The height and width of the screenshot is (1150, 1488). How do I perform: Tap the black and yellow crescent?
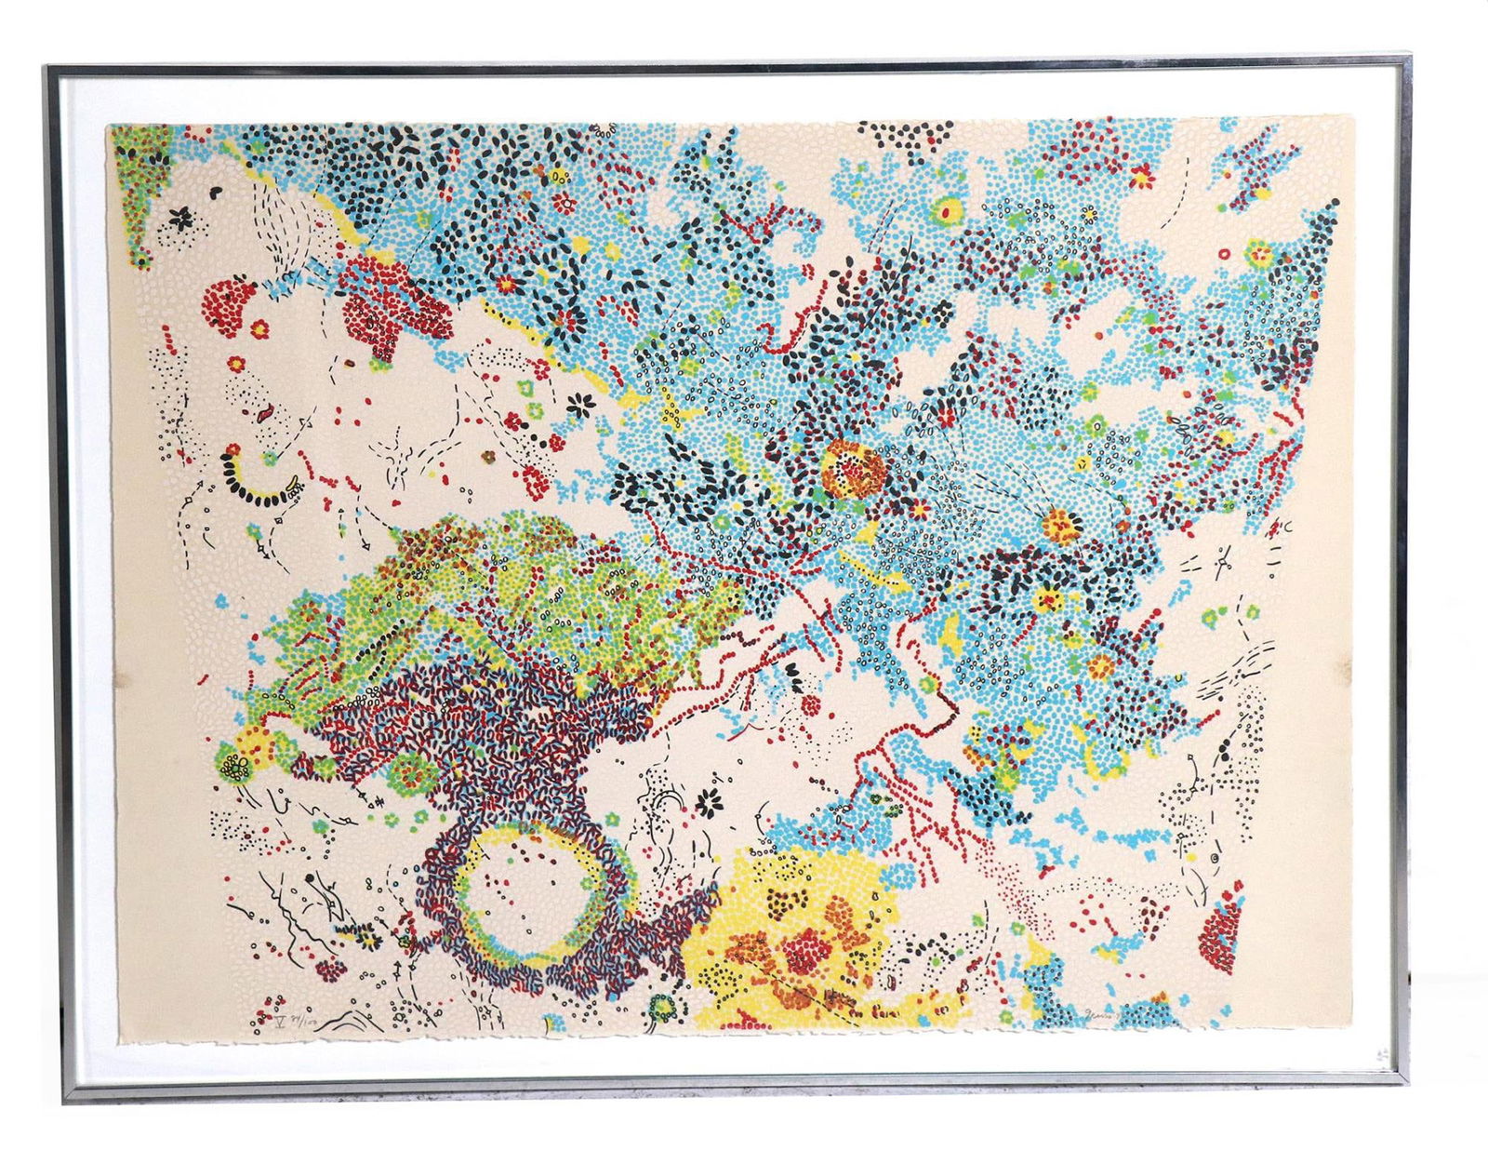[x=259, y=480]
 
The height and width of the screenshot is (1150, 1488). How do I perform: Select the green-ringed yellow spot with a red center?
[x=948, y=212]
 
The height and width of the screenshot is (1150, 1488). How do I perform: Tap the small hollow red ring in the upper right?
[x=1223, y=253]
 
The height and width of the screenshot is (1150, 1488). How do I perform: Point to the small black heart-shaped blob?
[x=216, y=192]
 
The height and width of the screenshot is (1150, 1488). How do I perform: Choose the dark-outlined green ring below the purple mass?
[x=662, y=1007]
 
